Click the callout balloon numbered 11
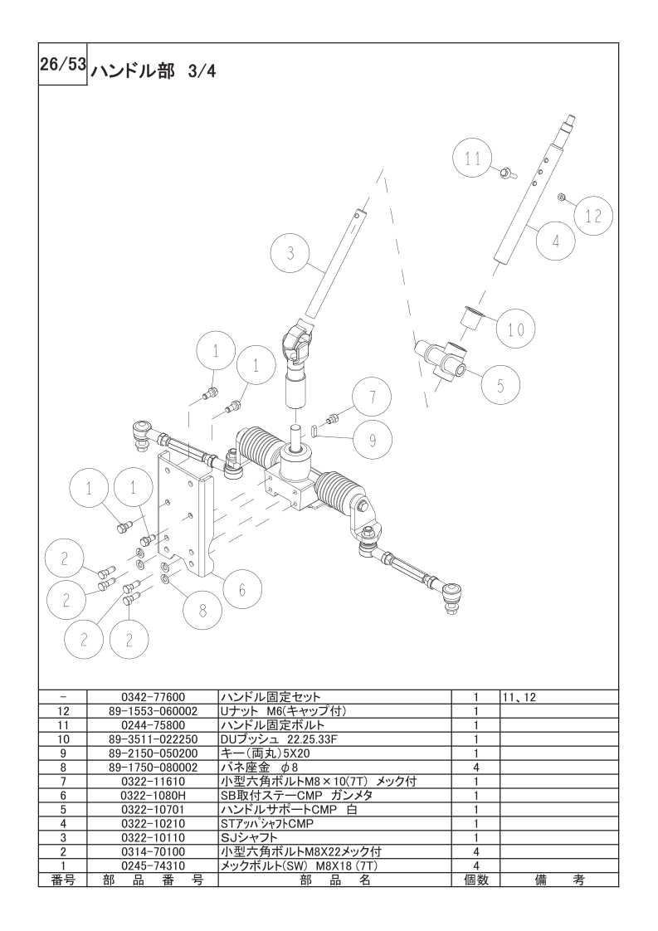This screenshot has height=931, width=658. click(x=473, y=159)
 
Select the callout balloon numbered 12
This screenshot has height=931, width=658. click(x=592, y=216)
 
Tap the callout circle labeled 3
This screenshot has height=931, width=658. click(x=290, y=254)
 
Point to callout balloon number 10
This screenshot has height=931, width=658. click(x=515, y=329)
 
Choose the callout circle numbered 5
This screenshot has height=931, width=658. click(x=500, y=385)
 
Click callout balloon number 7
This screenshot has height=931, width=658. click(x=373, y=397)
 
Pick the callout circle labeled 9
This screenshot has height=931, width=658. click(x=373, y=441)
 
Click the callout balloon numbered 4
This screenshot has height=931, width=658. click(x=555, y=241)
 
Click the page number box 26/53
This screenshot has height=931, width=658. click(x=63, y=67)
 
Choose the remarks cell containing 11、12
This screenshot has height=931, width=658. click(x=519, y=697)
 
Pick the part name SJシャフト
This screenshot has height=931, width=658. click(x=249, y=837)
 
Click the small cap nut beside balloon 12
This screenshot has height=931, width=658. click(x=562, y=197)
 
